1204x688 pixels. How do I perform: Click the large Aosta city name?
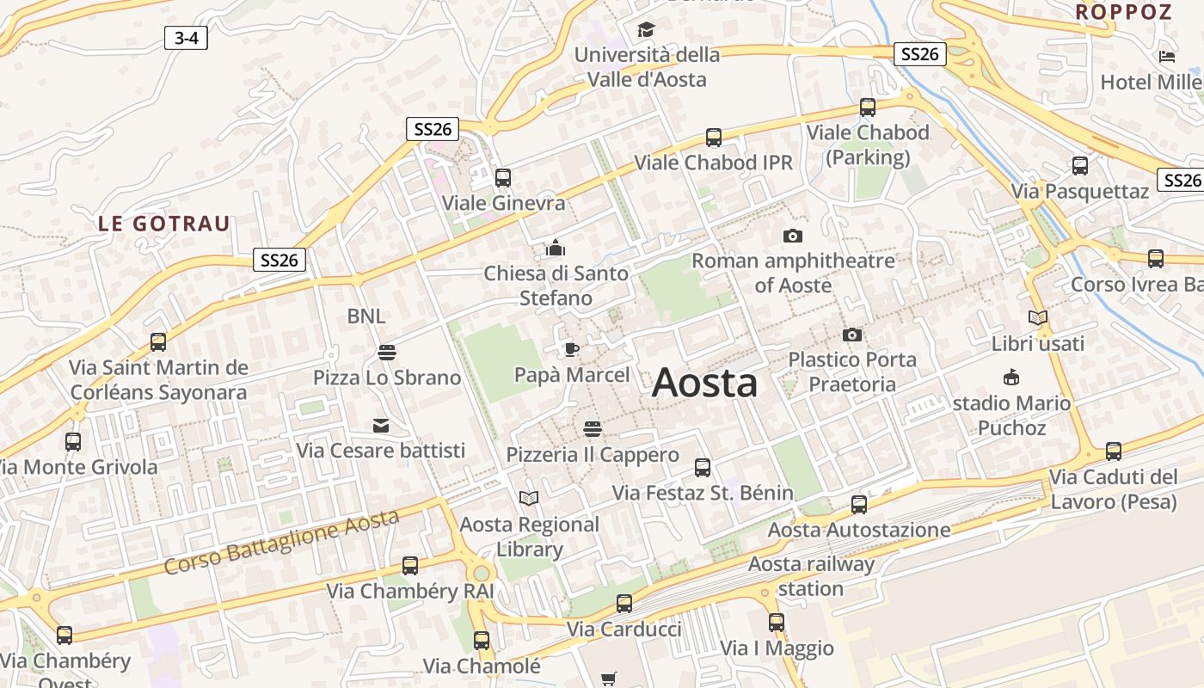(x=704, y=383)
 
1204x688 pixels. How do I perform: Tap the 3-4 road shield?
(x=186, y=38)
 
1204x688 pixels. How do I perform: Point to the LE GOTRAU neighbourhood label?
(x=163, y=224)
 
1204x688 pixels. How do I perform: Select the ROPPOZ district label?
(x=1123, y=12)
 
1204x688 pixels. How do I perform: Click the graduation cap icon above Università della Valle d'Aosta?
(x=646, y=30)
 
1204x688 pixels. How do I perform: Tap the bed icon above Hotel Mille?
(x=1167, y=57)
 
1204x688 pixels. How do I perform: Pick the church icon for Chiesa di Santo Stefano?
(x=556, y=249)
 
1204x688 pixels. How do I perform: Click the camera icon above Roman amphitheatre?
(x=792, y=236)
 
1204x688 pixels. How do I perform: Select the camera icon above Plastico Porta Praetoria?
(x=852, y=335)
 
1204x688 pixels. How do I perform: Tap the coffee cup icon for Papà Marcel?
(x=571, y=349)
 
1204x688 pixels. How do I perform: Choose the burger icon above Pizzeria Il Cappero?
(x=592, y=427)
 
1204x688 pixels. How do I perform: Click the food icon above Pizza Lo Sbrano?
(x=386, y=352)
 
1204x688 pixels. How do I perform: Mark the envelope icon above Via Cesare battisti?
(x=380, y=425)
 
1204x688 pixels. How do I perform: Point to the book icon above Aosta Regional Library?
(x=529, y=498)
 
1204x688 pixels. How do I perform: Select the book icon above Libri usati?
(x=1038, y=318)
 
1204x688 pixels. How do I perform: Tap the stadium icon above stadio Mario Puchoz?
(x=1011, y=377)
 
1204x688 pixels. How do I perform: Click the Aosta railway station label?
(x=811, y=576)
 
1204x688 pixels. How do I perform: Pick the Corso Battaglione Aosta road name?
(x=281, y=543)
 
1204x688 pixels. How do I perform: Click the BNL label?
(x=366, y=316)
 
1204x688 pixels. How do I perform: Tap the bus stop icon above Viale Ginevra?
(x=503, y=178)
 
